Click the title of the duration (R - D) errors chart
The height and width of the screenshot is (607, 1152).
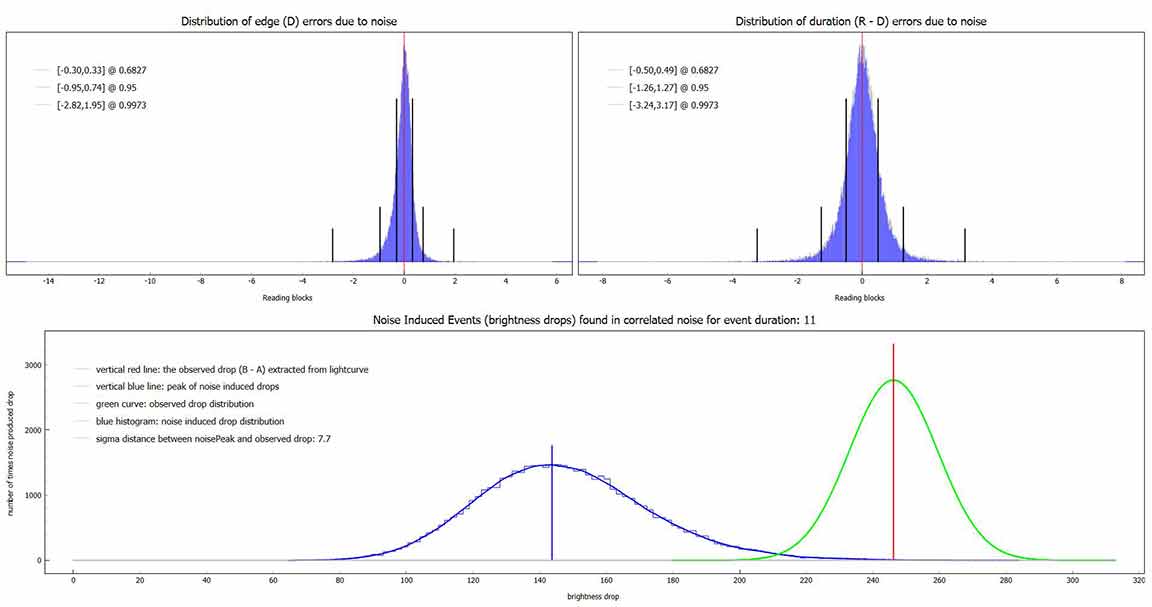(860, 21)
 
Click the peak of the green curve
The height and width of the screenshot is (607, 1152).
(893, 380)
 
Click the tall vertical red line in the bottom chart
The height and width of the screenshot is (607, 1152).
(893, 450)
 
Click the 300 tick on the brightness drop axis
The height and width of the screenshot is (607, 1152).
(1073, 578)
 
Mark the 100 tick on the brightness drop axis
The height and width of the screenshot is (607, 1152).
(406, 578)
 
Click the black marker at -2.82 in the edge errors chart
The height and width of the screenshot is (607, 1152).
(333, 245)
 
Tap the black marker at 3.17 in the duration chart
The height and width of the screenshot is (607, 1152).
(965, 245)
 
